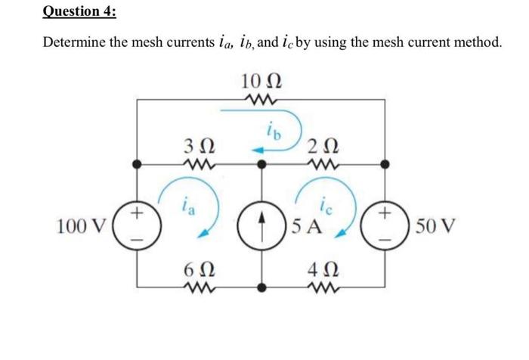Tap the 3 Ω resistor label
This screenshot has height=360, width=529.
pos(199,144)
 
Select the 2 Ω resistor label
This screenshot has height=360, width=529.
pos(323,144)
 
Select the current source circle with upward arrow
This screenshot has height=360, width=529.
pos(264,225)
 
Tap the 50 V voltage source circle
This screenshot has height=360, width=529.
pos(387,225)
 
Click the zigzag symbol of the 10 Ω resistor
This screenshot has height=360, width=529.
pos(263,99)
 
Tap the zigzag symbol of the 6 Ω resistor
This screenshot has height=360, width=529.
pos(199,288)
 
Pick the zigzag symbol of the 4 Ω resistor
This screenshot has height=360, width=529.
pos(323,288)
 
